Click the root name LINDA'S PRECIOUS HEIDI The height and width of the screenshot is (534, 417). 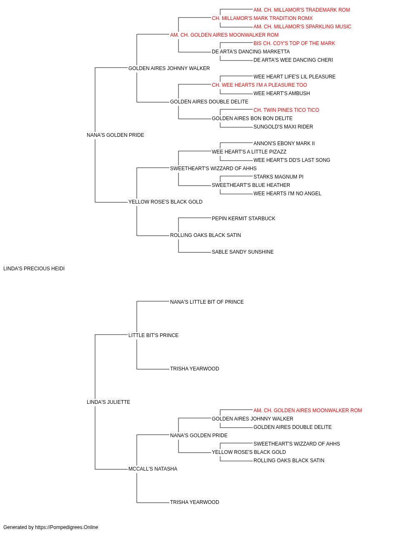pyautogui.click(x=34, y=269)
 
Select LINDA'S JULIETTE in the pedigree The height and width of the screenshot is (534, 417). pyautogui.click(x=108, y=402)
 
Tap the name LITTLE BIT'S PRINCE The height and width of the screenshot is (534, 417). pyautogui.click(x=153, y=335)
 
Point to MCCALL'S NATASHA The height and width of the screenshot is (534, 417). pyautogui.click(x=153, y=469)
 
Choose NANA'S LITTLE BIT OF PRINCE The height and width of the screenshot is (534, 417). pyautogui.click(x=207, y=302)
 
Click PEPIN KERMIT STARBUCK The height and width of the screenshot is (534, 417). pyautogui.click(x=244, y=219)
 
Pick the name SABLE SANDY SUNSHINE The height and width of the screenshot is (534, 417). pyautogui.click(x=243, y=252)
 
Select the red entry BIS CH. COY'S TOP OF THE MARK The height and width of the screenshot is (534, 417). pyautogui.click(x=294, y=43)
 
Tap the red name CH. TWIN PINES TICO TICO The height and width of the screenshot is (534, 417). pyautogui.click(x=286, y=110)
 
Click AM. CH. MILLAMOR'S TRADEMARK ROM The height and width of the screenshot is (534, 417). pyautogui.click(x=301, y=10)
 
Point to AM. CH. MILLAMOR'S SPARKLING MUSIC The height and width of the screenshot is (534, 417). pyautogui.click(x=302, y=27)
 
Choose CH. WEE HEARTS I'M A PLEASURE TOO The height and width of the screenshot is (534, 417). pyautogui.click(x=259, y=85)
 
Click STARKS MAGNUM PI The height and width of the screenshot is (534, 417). pyautogui.click(x=278, y=177)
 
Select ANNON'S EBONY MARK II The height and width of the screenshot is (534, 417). pyautogui.click(x=284, y=143)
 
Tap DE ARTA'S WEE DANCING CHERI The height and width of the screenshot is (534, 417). pyautogui.click(x=293, y=60)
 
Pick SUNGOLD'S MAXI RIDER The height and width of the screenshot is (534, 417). pyautogui.click(x=283, y=127)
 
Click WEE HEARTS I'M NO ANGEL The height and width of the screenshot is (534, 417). pyautogui.click(x=287, y=194)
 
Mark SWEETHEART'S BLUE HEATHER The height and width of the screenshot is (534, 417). pyautogui.click(x=251, y=185)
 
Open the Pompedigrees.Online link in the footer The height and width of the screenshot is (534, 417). pyautogui.click(x=67, y=527)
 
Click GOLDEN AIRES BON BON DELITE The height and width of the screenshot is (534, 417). pyautogui.click(x=252, y=118)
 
